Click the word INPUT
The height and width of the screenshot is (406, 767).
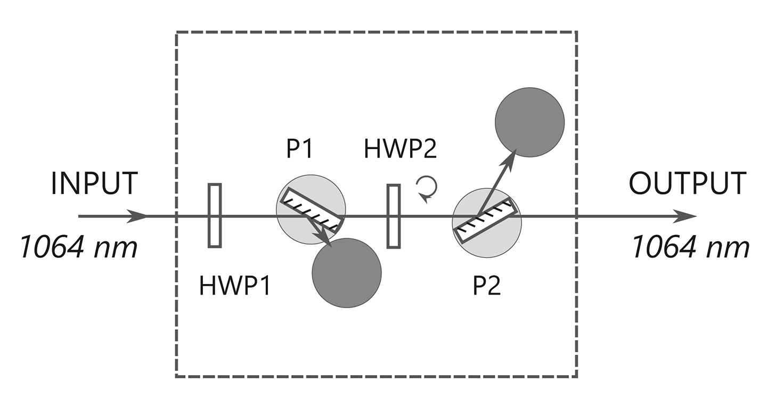point(94,183)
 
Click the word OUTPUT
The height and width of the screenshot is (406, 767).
point(687,183)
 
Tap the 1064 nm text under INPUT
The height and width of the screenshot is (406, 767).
point(79,247)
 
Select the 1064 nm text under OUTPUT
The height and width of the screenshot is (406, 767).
point(691,247)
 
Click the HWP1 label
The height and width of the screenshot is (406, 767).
point(235,286)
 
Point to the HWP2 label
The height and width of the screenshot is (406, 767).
point(401,149)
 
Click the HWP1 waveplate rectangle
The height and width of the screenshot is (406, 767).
point(215,215)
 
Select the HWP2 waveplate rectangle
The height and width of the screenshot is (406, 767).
point(394,216)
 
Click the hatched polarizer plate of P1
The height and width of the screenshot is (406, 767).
point(311,209)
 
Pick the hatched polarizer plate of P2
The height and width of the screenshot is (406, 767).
point(485,220)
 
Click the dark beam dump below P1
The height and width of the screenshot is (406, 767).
point(347,272)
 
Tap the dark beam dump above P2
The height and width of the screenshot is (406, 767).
point(529,122)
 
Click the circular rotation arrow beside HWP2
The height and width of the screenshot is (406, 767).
point(428,188)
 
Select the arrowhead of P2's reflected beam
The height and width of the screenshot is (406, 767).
point(512,156)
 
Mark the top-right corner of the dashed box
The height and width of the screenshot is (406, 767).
point(577,32)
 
